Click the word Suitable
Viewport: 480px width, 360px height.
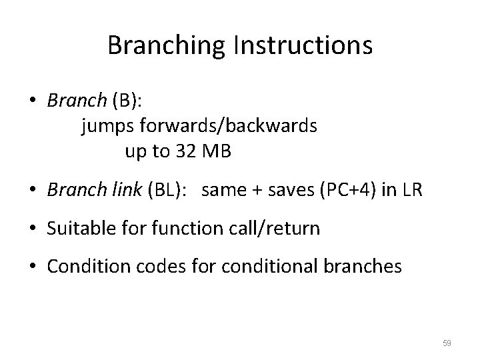(x=75, y=229)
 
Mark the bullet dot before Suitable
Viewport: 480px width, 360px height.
(x=33, y=229)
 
